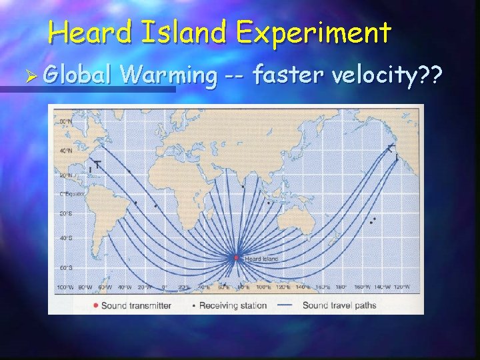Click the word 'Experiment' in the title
[314, 31]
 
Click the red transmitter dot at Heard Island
[236, 257]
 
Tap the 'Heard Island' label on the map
[257, 258]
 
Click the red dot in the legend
[97, 306]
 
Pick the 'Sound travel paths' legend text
[339, 306]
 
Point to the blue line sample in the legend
[285, 306]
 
